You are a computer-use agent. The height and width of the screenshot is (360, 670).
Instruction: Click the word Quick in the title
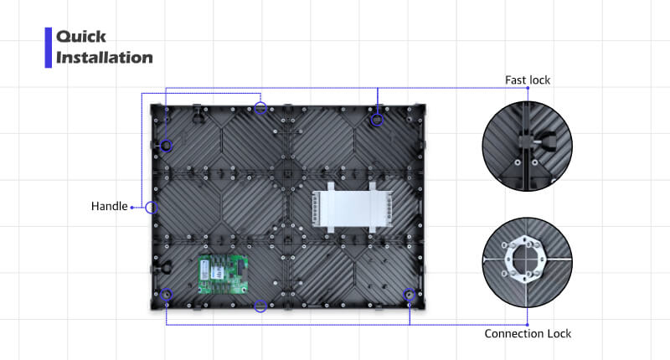click(80, 37)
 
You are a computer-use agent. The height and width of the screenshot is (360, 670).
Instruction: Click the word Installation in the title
click(104, 58)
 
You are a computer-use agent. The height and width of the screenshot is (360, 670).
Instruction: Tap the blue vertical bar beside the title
click(49, 48)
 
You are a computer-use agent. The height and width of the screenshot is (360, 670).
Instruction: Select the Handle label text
click(110, 206)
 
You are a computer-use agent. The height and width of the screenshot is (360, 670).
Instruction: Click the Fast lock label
click(528, 80)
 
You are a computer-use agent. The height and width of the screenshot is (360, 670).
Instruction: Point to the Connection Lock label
click(528, 333)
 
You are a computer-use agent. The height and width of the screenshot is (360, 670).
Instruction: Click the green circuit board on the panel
click(223, 275)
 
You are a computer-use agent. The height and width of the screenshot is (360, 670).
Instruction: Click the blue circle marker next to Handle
click(152, 208)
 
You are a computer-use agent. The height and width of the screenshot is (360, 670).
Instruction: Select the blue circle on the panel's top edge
click(260, 108)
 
